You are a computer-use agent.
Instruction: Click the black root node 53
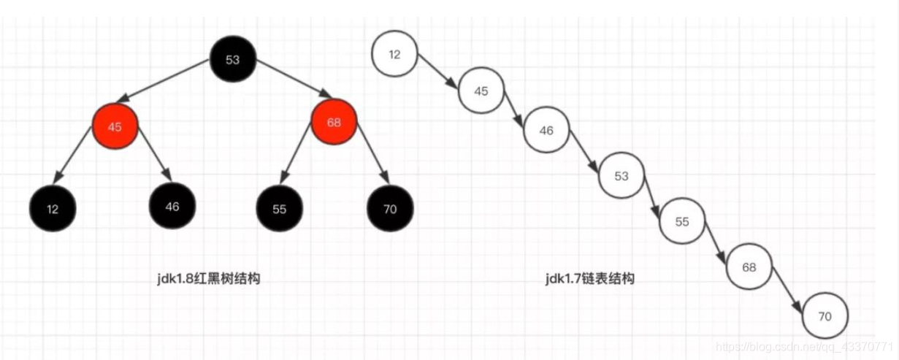click(x=232, y=60)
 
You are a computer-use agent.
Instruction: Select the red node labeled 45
click(x=115, y=126)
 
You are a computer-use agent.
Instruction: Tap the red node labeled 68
click(x=334, y=123)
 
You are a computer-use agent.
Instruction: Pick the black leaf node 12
click(x=53, y=209)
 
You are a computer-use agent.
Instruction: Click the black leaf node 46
click(x=172, y=206)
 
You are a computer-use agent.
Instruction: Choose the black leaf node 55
click(x=279, y=209)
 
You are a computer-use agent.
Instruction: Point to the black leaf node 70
click(x=389, y=209)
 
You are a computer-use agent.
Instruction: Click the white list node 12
click(x=394, y=54)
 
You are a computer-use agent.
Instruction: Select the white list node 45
click(x=481, y=91)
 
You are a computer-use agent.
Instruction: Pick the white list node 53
click(x=621, y=176)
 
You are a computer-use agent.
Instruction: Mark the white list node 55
click(x=682, y=221)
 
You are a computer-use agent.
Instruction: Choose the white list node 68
click(x=749, y=267)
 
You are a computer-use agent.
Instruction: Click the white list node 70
click(x=825, y=316)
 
